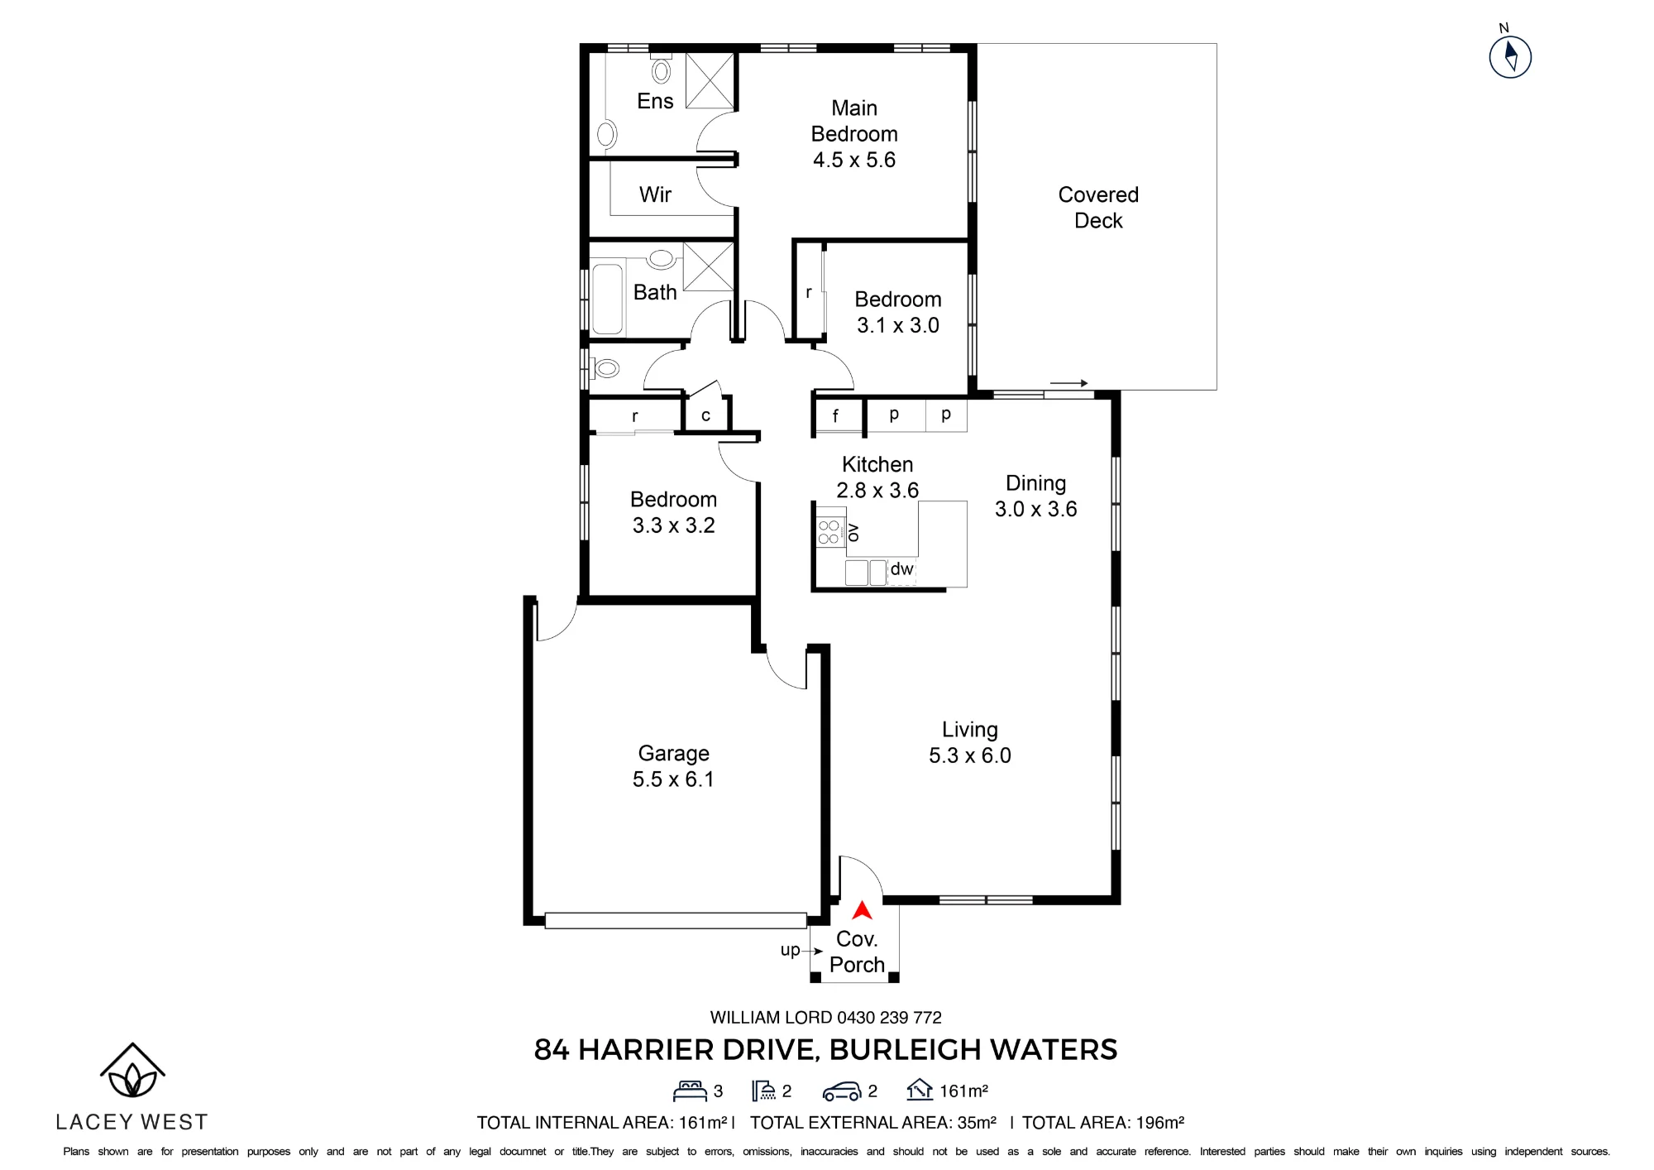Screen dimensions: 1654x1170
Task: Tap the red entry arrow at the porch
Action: pyautogui.click(x=863, y=910)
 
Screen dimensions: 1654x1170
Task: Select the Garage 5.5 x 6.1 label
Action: pyautogui.click(x=673, y=766)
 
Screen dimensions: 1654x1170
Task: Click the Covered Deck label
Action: pyautogui.click(x=1098, y=208)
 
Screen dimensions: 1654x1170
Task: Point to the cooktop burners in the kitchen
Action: pyautogui.click(x=828, y=532)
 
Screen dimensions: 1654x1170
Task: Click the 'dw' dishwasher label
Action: pyautogui.click(x=901, y=569)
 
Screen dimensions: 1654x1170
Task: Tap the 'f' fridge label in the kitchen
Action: pyautogui.click(x=835, y=415)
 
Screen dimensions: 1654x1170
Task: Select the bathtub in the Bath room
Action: pyautogui.click(x=607, y=299)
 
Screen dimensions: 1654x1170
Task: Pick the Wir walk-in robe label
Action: pyautogui.click(x=655, y=194)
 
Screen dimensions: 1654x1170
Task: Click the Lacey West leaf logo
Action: pyautogui.click(x=132, y=1071)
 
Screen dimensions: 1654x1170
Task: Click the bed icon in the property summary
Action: pyautogui.click(x=690, y=1091)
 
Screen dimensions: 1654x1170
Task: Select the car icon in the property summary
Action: pyautogui.click(x=841, y=1092)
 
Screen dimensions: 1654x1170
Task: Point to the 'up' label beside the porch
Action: pyautogui.click(x=790, y=951)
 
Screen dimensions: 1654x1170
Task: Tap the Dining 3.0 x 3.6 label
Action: pyautogui.click(x=1035, y=496)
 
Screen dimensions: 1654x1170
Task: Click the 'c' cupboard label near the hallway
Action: pyautogui.click(x=705, y=415)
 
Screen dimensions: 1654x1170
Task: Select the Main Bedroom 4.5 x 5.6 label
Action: pyautogui.click(x=854, y=134)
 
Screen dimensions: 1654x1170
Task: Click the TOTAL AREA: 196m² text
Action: pyautogui.click(x=1103, y=1123)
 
